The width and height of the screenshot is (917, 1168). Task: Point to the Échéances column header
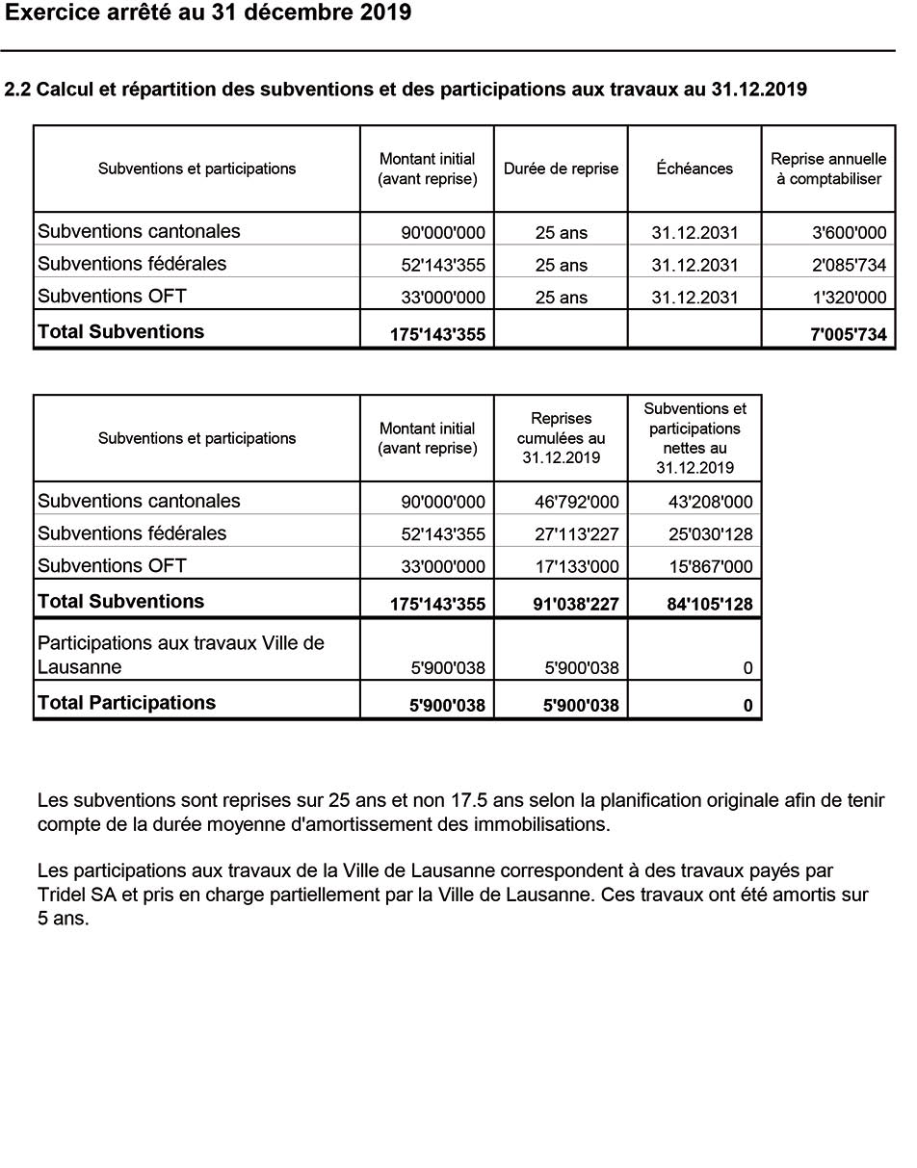[x=694, y=169]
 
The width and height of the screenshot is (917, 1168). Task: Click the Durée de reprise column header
[x=561, y=169]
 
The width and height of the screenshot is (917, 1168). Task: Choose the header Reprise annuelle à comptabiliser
[x=828, y=169]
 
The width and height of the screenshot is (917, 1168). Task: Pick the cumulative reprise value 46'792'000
[x=577, y=503]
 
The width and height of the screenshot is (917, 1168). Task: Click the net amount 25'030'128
[x=710, y=534]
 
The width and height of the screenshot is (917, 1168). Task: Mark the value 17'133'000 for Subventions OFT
[x=577, y=567]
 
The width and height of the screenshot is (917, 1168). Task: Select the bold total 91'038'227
[x=576, y=605]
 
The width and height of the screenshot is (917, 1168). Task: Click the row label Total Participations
[x=126, y=703]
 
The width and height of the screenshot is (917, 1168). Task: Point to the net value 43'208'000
[x=710, y=503]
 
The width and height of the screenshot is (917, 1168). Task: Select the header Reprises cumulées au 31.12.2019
[x=561, y=438]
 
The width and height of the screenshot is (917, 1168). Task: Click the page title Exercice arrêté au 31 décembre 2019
[x=208, y=13]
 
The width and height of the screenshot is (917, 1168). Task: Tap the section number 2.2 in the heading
[x=18, y=91]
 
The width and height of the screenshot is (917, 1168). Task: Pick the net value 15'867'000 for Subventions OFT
[x=710, y=567]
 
